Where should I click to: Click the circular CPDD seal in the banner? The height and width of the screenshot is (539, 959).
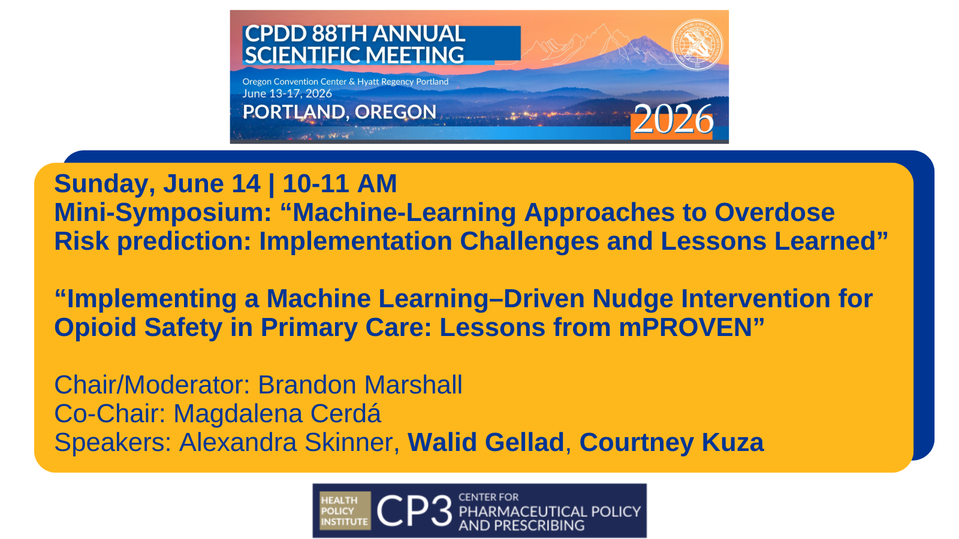click(696, 44)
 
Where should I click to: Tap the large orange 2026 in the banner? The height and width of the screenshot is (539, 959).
click(672, 120)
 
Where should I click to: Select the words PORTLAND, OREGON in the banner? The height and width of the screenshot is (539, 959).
click(339, 112)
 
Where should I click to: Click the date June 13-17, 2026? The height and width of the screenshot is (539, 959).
click(287, 93)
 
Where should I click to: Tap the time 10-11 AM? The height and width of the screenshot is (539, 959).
click(340, 184)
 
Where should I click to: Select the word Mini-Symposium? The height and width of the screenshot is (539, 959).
click(163, 213)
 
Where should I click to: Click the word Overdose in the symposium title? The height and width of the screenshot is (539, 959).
click(774, 213)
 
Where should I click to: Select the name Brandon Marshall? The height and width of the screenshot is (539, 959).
click(360, 385)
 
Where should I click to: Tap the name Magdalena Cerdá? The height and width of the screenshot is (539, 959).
click(277, 414)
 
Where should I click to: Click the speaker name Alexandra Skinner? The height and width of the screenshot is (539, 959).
click(289, 443)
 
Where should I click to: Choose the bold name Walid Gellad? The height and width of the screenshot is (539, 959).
click(485, 443)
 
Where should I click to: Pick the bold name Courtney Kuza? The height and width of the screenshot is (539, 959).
click(671, 443)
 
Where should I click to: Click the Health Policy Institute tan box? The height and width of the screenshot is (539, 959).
click(345, 511)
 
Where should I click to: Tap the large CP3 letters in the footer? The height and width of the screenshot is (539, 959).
click(414, 511)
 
